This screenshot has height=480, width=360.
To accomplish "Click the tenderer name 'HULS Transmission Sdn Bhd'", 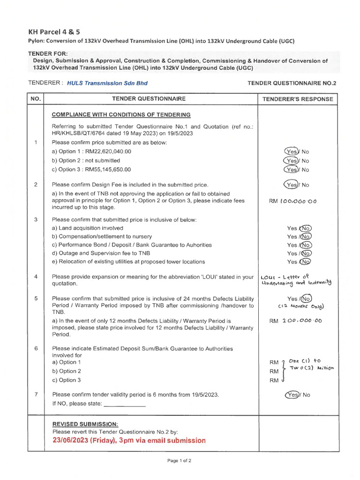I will (x=107, y=83).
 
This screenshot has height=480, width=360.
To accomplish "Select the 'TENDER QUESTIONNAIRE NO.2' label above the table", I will (x=292, y=83).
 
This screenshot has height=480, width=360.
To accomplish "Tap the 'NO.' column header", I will (x=36, y=99).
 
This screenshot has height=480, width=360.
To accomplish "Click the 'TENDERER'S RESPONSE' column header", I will (x=298, y=99).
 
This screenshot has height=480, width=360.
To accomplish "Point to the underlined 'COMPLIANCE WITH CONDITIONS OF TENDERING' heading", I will (x=121, y=114).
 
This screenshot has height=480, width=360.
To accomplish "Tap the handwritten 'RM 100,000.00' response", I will (x=293, y=202).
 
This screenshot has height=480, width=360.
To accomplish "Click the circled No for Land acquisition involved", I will (x=306, y=228).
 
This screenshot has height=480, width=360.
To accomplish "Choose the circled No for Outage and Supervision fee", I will (x=306, y=254).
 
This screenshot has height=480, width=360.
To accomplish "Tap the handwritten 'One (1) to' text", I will (x=304, y=361).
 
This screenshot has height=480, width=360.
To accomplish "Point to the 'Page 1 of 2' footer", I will (x=180, y=461).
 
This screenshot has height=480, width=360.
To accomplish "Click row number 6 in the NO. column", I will (x=36, y=349).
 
